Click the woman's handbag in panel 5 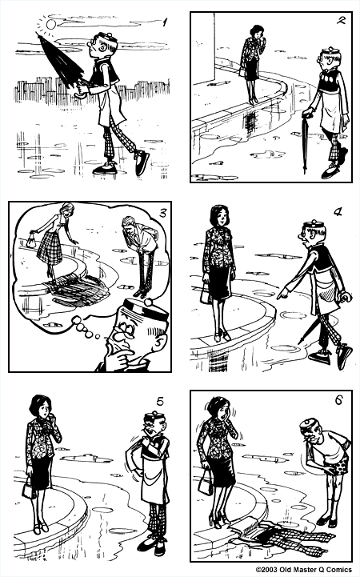click(30, 490)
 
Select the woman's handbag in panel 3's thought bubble click(32, 237)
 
